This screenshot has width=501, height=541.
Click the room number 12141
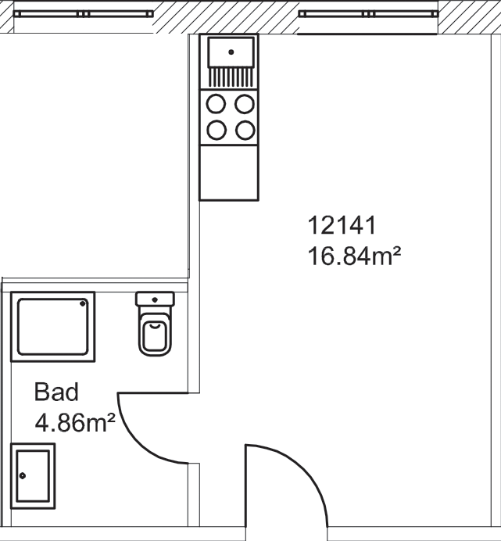coord(342,225)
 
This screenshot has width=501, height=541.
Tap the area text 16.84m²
coord(354,256)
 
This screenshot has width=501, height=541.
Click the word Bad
coord(56,392)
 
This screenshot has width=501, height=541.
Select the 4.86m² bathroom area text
coord(75,422)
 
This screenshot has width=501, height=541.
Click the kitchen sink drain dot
coord(231,52)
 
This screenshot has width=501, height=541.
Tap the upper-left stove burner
coord(216,104)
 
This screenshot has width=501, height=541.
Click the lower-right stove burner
coord(245,131)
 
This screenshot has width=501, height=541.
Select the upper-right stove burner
coord(245,104)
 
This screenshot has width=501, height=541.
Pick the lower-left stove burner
coord(217,131)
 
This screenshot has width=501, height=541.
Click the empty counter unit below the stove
coord(229,173)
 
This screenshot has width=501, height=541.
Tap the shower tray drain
coord(83,303)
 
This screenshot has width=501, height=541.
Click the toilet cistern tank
coord(155,299)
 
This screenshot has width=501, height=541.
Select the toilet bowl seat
coord(155,335)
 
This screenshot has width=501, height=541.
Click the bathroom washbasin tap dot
coord(23,476)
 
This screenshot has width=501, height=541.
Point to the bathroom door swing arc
coord(138,444)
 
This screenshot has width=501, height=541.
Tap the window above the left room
coord(83,14)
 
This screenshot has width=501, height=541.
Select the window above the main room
coord(368,14)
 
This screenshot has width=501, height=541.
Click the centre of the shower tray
coord(53,326)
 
